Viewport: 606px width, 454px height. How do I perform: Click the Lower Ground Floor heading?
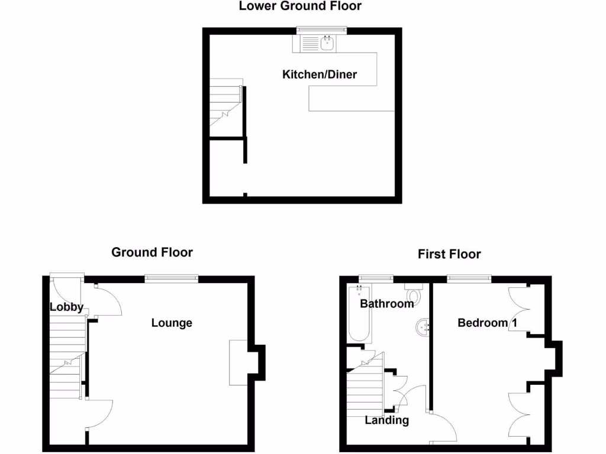click(x=299, y=7)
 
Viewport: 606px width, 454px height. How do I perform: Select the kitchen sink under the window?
click(x=319, y=43)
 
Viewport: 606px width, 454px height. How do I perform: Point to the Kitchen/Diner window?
click(x=321, y=29)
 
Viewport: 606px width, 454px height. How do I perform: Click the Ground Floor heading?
click(x=152, y=252)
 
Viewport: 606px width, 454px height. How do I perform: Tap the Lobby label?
click(x=66, y=307)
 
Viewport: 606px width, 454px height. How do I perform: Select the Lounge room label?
click(x=172, y=323)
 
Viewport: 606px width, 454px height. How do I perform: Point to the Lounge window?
click(x=172, y=277)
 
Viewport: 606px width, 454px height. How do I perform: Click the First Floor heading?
click(x=449, y=254)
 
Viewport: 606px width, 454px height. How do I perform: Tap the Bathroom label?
click(x=387, y=304)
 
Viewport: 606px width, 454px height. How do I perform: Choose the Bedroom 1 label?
click(x=482, y=323)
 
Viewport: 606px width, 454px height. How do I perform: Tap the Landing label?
click(x=386, y=420)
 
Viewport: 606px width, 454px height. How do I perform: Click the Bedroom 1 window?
click(x=469, y=277)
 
